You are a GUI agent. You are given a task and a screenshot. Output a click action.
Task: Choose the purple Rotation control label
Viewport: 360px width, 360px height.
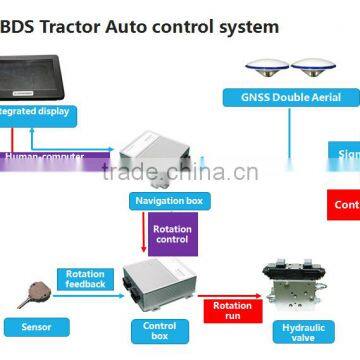[172, 234]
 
